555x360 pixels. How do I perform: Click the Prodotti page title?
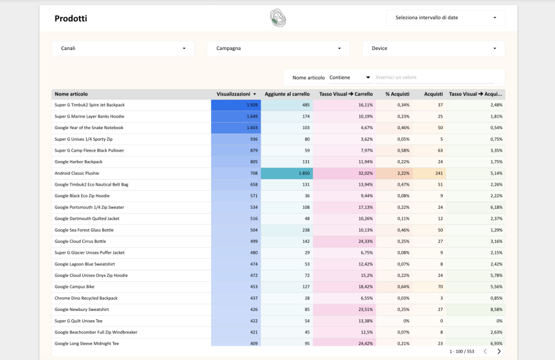[x=71, y=19]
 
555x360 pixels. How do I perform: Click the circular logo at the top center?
[x=278, y=18]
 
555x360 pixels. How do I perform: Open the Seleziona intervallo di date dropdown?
[x=445, y=18]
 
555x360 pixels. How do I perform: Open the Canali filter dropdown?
[x=123, y=48]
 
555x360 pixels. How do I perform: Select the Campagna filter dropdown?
[x=278, y=48]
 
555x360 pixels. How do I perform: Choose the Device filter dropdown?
[x=433, y=48]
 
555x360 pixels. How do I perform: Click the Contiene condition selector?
[x=350, y=77]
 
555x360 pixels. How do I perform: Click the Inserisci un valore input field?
[x=434, y=77]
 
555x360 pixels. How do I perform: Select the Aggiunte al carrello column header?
[x=287, y=94]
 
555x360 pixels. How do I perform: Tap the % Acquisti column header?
[x=397, y=94]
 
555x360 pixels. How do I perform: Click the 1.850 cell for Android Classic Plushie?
[x=287, y=173]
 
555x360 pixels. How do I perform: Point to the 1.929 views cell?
[x=236, y=105]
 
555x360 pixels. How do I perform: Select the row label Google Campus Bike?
[x=74, y=287]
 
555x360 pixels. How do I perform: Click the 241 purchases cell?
[x=430, y=173]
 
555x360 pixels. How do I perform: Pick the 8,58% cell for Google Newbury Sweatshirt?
[x=477, y=310]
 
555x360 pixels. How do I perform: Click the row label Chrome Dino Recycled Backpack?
[x=86, y=298]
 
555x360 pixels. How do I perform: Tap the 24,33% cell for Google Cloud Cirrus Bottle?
[x=345, y=241]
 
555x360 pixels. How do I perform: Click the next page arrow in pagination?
[x=499, y=351]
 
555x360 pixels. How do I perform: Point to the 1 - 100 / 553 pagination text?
[x=462, y=351]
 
